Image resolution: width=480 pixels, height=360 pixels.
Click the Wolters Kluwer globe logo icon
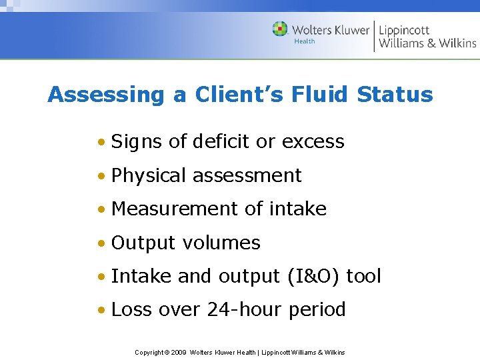pos(281,29)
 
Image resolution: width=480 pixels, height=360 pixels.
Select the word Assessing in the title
pos(105,95)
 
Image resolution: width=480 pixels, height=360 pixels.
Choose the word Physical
pos(149,175)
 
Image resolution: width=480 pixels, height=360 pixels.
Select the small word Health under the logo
pos(305,41)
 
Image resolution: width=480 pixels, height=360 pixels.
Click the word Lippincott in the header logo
pos(404,30)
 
